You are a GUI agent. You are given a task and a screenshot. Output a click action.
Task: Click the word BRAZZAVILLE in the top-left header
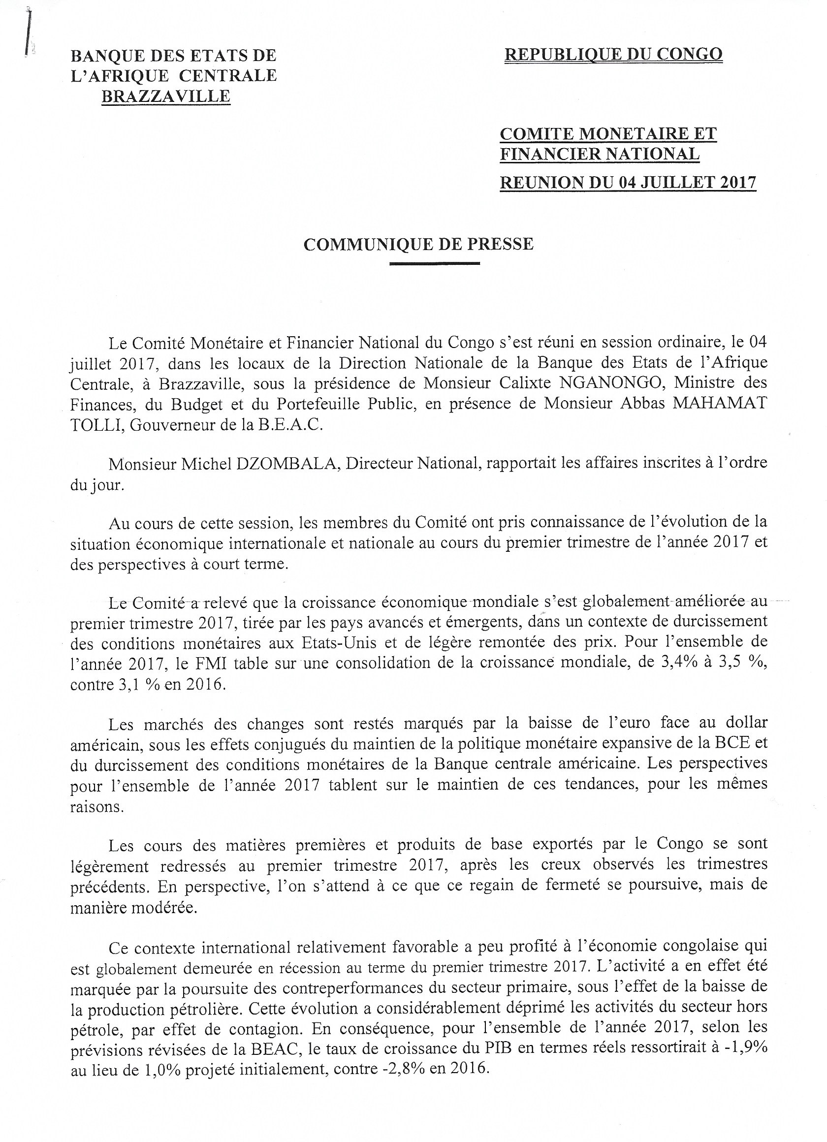[x=166, y=95]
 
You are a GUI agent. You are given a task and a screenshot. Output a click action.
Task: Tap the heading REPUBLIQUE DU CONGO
[x=613, y=54]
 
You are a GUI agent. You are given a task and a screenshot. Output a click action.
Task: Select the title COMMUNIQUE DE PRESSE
[x=418, y=244]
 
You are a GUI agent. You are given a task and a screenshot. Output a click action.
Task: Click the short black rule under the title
[x=435, y=263]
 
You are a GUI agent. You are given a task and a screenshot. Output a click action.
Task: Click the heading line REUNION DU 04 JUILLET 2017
[x=628, y=182]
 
